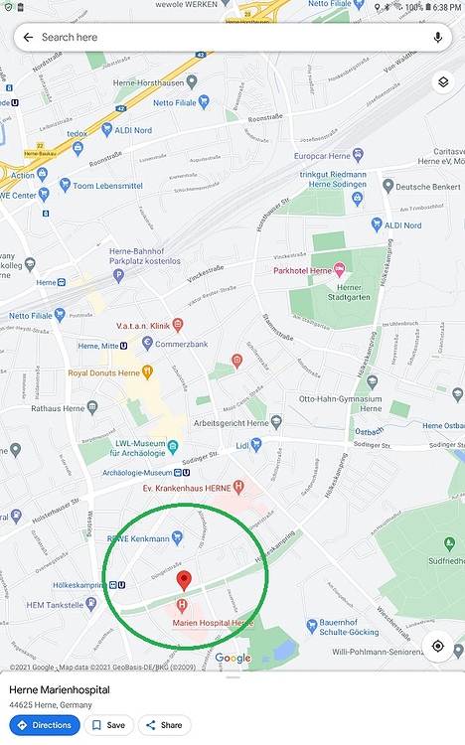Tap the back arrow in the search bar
click(x=28, y=37)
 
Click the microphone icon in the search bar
click(x=437, y=37)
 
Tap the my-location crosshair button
click(x=437, y=646)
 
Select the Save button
click(x=109, y=725)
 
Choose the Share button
click(x=164, y=725)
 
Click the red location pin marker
click(x=183, y=580)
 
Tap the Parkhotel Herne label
click(x=302, y=270)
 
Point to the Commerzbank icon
click(x=148, y=344)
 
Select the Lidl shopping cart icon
click(x=256, y=445)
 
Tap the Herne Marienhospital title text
click(x=60, y=689)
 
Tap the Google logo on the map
click(x=232, y=658)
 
